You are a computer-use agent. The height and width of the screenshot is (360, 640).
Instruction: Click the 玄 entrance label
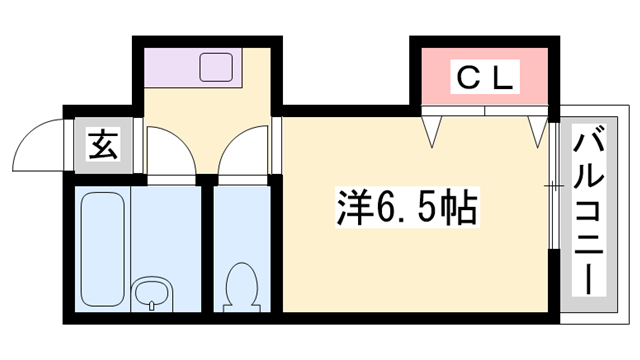click(103, 146)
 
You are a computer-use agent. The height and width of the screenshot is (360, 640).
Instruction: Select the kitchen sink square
click(216, 68)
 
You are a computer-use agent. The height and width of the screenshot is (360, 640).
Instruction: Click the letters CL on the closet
click(485, 77)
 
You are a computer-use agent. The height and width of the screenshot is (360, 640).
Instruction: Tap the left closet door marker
click(433, 128)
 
